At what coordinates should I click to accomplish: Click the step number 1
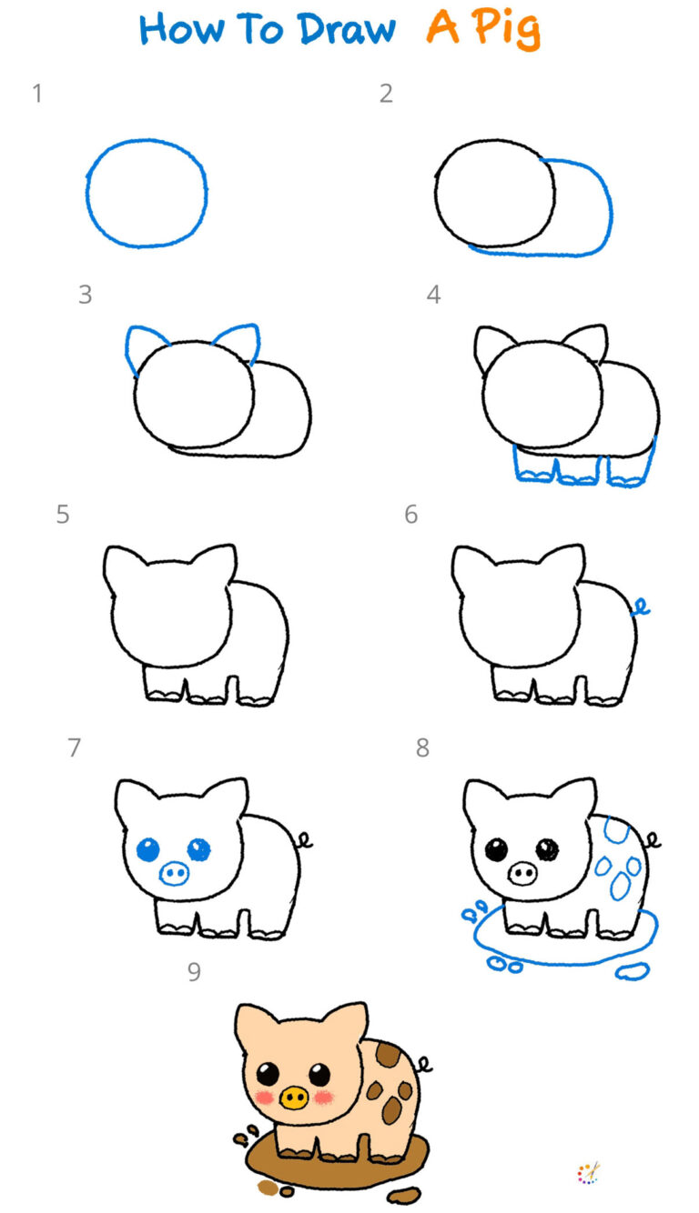coord(37,93)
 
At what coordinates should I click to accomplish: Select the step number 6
coord(411,515)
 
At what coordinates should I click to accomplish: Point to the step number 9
coord(194,972)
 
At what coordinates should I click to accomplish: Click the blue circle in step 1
coord(88,193)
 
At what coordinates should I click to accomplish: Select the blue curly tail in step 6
coord(641,607)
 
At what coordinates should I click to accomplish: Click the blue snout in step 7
coord(173,875)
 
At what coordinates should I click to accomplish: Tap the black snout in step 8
coord(522,875)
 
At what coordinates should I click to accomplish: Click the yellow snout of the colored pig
coord(293,1098)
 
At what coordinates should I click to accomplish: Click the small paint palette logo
coord(589,1174)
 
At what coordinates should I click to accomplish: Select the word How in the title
coord(181,29)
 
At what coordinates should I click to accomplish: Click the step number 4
coord(434,295)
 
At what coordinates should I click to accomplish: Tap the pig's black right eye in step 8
coord(547,849)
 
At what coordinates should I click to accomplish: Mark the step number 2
coord(387,93)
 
